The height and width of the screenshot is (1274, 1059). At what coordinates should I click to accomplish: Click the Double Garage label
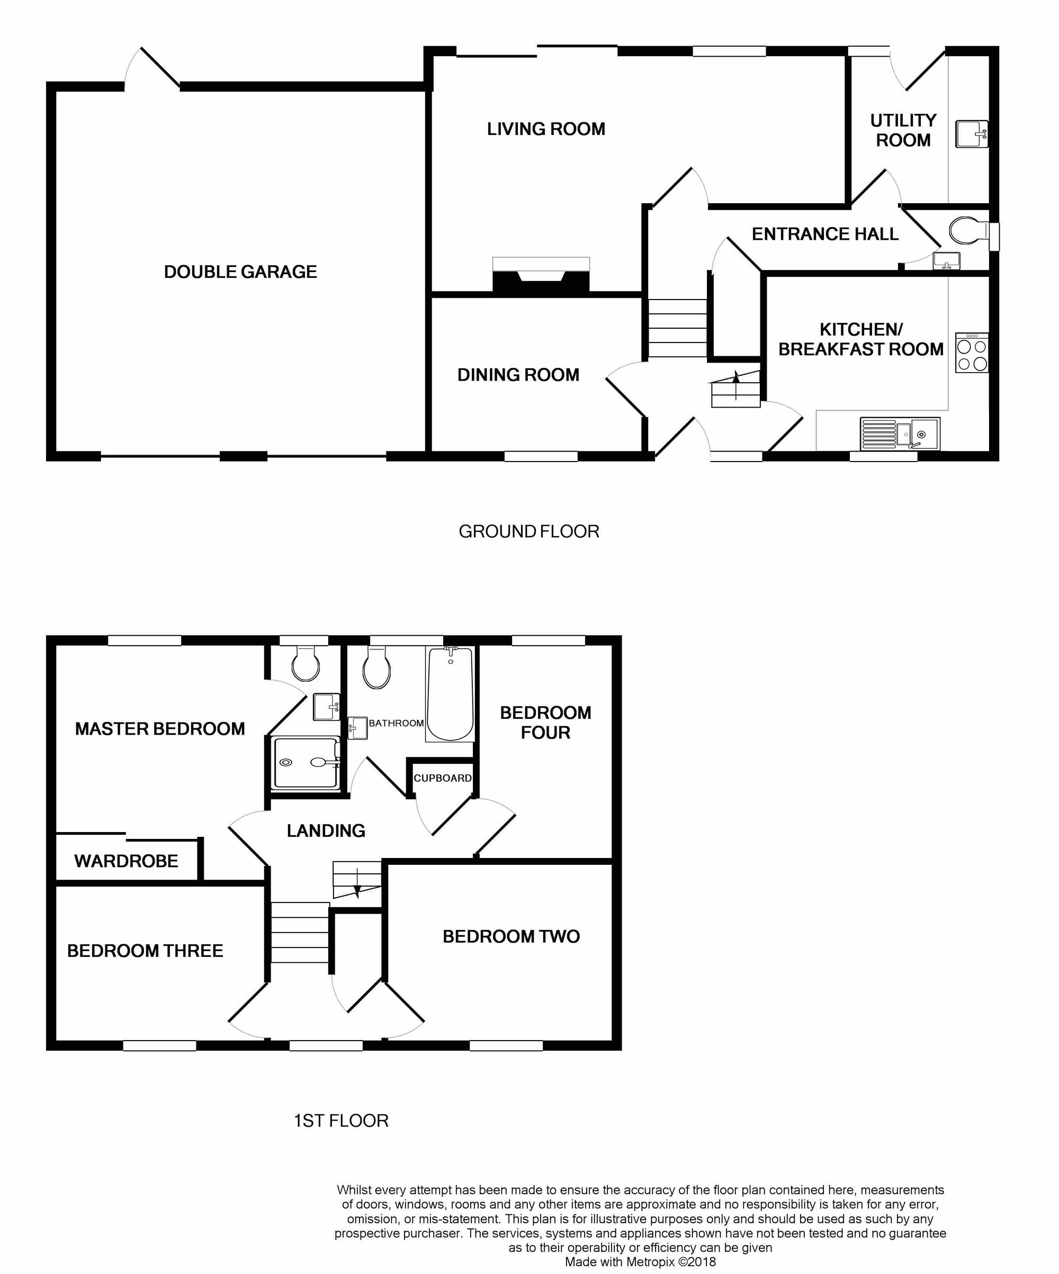pos(240,272)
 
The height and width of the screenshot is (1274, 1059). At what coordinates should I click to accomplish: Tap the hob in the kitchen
pos(972,353)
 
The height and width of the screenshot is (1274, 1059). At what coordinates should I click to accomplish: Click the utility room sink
pos(971,133)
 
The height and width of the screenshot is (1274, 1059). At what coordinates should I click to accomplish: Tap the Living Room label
pos(545,129)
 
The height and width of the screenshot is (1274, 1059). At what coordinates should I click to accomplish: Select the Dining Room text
pos(518,375)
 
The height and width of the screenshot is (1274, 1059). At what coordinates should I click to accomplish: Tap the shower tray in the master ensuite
pos(306,763)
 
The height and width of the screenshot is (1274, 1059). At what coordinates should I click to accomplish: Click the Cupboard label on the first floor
pos(443,778)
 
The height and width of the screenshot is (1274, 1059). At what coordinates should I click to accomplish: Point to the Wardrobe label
pos(126,861)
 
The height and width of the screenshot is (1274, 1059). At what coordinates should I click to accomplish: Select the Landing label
pos(326,830)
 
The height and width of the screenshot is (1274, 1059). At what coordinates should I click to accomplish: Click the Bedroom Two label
pos(511,936)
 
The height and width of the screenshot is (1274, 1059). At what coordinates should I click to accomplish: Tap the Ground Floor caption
pos(528,531)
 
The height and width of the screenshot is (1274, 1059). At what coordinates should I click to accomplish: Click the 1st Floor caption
pos(341,1121)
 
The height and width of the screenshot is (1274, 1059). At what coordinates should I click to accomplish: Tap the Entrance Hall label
pos(825,234)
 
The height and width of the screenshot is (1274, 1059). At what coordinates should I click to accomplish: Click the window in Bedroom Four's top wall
pos(548,640)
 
